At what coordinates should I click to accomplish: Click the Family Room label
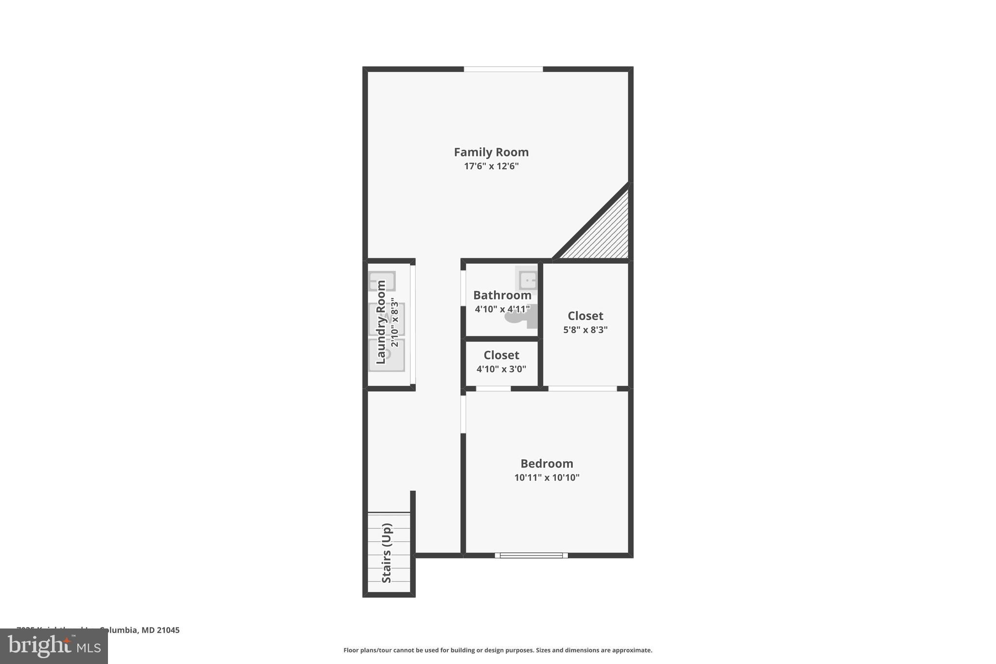coord(491,152)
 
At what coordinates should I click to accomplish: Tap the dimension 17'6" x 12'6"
coord(491,166)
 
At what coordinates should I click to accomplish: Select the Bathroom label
coord(502,295)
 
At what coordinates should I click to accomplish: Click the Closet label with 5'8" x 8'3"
coord(585,316)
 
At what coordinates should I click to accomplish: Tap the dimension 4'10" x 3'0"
coord(501,369)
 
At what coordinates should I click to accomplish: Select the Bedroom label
coord(547,464)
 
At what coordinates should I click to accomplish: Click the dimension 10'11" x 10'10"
coord(547,478)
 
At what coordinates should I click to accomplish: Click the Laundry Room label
coord(381,322)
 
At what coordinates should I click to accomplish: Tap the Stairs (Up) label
coord(387,553)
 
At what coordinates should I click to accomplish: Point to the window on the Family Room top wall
coord(503,69)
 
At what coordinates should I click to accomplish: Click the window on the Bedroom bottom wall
coord(531,555)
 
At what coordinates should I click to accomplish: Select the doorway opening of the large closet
coord(582,388)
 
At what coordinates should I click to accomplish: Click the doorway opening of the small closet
coord(493,388)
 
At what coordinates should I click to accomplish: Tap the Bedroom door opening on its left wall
coord(463,413)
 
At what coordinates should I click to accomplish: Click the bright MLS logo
coord(54,646)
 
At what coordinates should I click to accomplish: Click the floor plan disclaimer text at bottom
coord(498,650)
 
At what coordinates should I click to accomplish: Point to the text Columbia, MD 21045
coord(140,630)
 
